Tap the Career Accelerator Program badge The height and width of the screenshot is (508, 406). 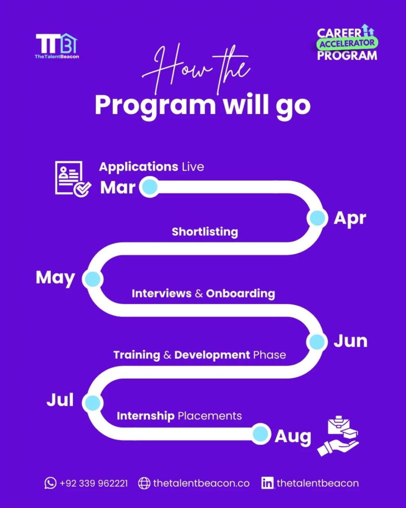[347, 44]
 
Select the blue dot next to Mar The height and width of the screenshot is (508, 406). [149, 187]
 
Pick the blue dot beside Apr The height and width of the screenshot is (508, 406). [317, 218]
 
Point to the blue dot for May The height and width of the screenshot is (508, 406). [93, 279]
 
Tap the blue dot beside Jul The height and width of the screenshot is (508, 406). [93, 403]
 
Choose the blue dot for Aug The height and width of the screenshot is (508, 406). [260, 434]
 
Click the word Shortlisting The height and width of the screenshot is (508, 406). [205, 232]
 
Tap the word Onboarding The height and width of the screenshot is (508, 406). [240, 293]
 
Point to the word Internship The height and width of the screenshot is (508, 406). [146, 416]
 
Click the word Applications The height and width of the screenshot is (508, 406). [138, 166]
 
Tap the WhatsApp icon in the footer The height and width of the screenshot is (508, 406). [50, 483]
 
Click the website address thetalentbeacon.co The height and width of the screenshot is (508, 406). [201, 483]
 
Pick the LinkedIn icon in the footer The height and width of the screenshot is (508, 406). [268, 483]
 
